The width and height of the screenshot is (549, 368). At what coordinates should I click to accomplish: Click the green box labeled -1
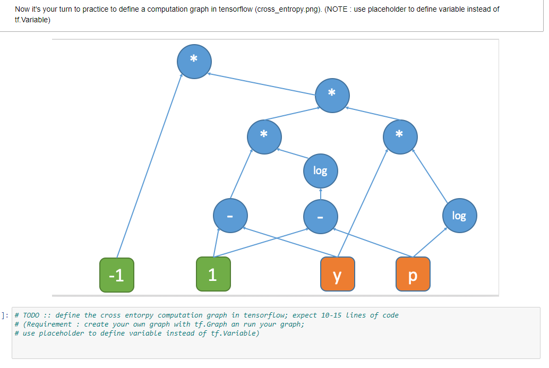[x=117, y=275]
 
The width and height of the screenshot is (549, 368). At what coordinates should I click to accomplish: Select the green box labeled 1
[x=213, y=274]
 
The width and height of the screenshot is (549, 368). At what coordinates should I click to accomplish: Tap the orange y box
[x=338, y=275]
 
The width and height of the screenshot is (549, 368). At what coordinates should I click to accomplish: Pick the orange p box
[x=413, y=275]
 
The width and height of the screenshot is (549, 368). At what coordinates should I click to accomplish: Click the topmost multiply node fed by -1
[x=194, y=61]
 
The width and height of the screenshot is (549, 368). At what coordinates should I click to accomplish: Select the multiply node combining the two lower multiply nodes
[x=332, y=94]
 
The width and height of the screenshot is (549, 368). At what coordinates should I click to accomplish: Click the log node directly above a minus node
[x=320, y=170]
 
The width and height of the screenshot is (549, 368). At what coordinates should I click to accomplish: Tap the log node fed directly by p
[x=459, y=216]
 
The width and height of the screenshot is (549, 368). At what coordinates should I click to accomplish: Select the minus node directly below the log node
[x=320, y=216]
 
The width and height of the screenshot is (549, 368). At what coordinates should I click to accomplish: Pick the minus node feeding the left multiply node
[x=229, y=216]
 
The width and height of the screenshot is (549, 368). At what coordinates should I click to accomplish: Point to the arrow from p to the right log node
[x=431, y=244]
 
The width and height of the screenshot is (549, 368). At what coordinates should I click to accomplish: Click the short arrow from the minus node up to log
[x=320, y=194]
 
